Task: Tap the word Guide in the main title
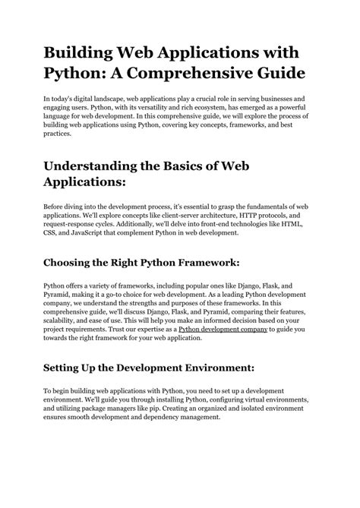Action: coord(273,75)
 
